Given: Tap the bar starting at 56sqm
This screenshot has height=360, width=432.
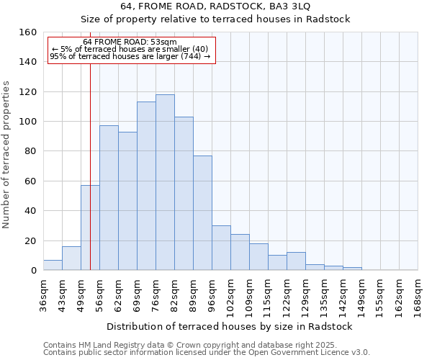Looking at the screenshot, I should [x=109, y=198].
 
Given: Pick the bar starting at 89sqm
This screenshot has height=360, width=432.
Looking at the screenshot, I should [x=202, y=212].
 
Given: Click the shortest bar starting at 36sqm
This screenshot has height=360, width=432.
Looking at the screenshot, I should [x=53, y=265].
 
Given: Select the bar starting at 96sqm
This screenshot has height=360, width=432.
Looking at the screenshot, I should [x=221, y=248].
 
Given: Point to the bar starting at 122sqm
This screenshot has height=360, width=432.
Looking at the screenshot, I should [x=296, y=261].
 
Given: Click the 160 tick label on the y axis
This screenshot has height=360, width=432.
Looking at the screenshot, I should [x=28, y=32].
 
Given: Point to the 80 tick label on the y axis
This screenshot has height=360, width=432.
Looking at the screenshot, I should [x=31, y=151].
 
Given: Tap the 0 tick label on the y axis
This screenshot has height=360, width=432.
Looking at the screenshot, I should [x=34, y=271].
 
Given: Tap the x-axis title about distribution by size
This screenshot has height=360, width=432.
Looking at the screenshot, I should [x=229, y=326].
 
